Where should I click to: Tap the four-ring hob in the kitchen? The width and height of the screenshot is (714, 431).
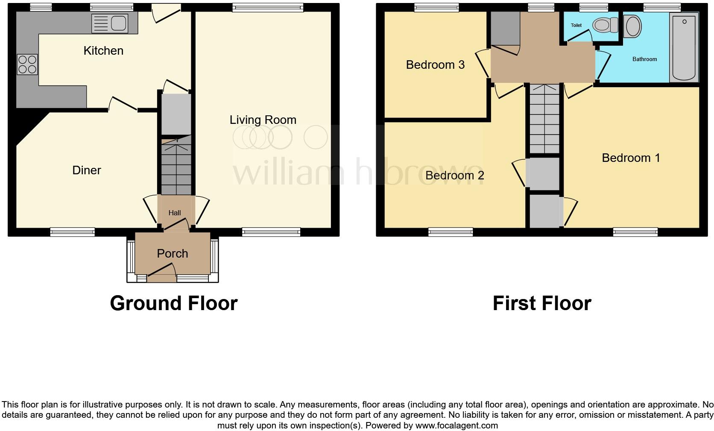pyautogui.click(x=27, y=65)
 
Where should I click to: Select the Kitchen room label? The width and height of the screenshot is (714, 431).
pyautogui.click(x=103, y=51)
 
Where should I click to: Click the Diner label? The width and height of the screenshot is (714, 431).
pyautogui.click(x=87, y=170)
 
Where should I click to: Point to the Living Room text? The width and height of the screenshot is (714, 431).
pyautogui.click(x=263, y=120)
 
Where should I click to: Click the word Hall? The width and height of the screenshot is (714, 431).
pyautogui.click(x=174, y=213)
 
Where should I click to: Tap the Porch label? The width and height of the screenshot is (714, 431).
pyautogui.click(x=173, y=253)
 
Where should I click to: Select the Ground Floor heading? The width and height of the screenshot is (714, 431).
pyautogui.click(x=173, y=303)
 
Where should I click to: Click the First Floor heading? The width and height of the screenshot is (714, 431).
pyautogui.click(x=541, y=303)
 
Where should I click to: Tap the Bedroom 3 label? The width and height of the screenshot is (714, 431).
pyautogui.click(x=435, y=65)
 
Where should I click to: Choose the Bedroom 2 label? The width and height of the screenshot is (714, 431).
pyautogui.click(x=455, y=176)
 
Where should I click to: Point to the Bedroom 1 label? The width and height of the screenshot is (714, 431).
pyautogui.click(x=631, y=158)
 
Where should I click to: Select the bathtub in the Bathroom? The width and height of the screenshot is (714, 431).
pyautogui.click(x=684, y=47)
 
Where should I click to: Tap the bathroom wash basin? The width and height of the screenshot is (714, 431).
pyautogui.click(x=632, y=26)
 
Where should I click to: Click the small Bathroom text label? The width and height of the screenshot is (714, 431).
pyautogui.click(x=644, y=59)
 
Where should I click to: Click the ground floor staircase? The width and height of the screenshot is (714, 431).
pyautogui.click(x=176, y=169)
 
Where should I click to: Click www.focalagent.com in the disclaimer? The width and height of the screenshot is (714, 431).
pyautogui.click(x=456, y=425)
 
